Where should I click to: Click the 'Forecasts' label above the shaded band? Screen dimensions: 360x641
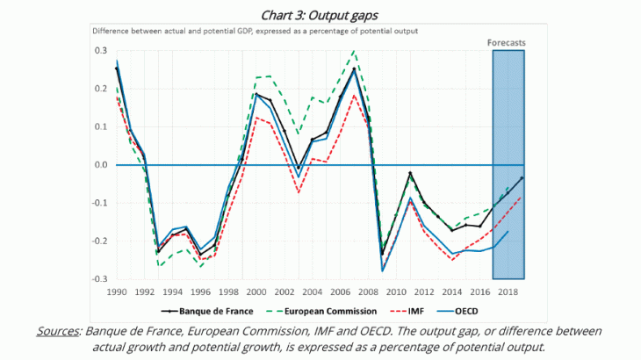point(508,42)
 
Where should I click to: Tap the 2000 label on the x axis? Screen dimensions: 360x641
point(256,292)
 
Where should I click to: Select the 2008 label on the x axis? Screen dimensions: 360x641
point(369,292)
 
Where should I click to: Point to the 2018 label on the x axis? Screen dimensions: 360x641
point(508,292)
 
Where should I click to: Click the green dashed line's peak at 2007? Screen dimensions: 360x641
point(354,51)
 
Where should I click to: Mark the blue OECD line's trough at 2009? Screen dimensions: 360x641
point(382,270)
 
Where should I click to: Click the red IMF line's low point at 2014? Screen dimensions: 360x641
point(452,259)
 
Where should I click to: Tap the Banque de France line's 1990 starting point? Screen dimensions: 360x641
point(117,68)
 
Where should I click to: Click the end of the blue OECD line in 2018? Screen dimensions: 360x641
point(508,231)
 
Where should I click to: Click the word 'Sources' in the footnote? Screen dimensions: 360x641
point(58,331)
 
